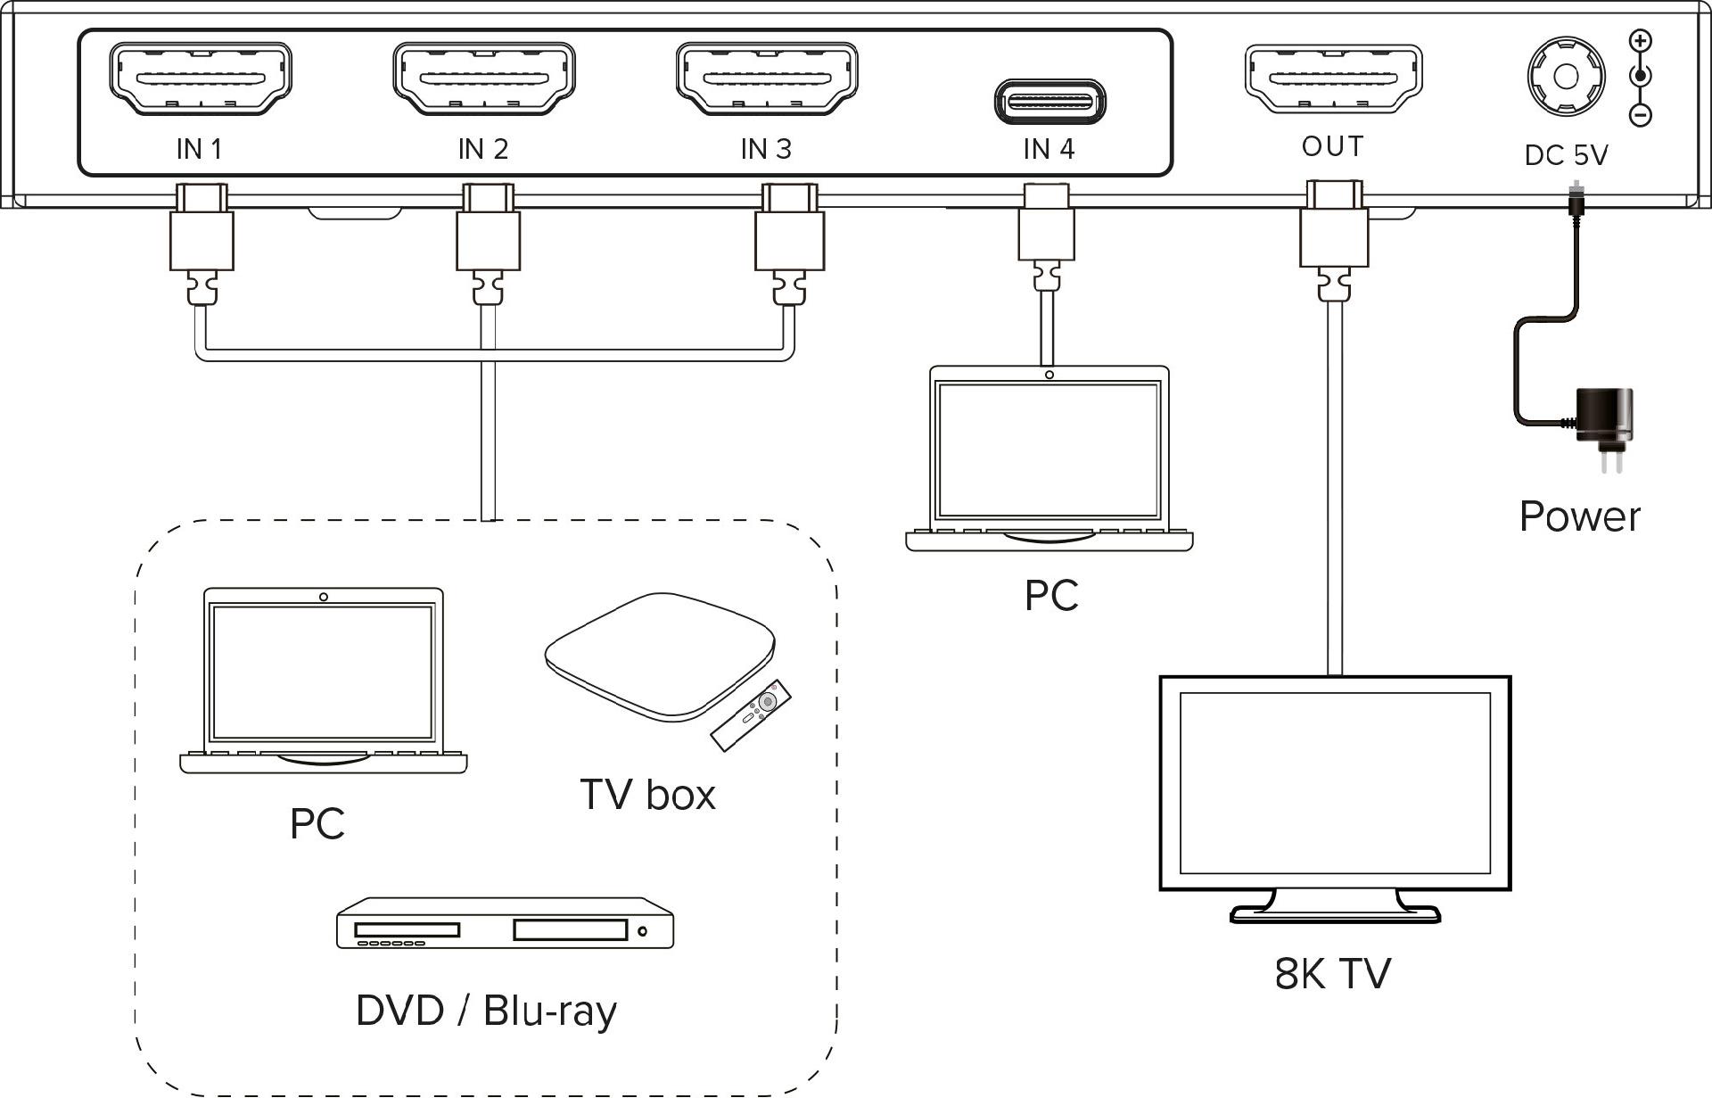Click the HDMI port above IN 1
(200, 78)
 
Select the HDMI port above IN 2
(484, 78)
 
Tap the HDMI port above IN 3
(767, 78)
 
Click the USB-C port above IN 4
(1049, 101)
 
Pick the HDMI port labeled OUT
(1333, 78)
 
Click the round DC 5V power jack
(1566, 76)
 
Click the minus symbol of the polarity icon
(1641, 115)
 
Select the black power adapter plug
(1605, 417)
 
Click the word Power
(1579, 516)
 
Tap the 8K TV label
(1332, 973)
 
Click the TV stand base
(1335, 914)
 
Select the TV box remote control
(752, 714)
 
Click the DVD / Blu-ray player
(505, 924)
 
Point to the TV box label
(647, 794)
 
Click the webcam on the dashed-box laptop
(323, 597)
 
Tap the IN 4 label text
(1049, 149)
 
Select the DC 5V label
(1566, 155)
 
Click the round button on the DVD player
(643, 931)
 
